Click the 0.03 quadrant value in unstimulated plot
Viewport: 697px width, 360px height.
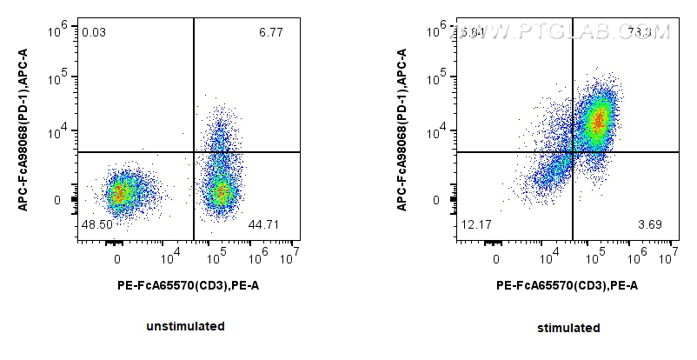tap(94, 33)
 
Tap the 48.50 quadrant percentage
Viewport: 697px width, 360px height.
tap(96, 225)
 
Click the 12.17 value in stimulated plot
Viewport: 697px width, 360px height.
tap(475, 225)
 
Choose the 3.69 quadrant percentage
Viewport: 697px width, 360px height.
tap(650, 225)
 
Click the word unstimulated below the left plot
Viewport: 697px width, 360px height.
tap(187, 327)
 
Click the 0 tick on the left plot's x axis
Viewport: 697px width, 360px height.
tap(117, 258)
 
